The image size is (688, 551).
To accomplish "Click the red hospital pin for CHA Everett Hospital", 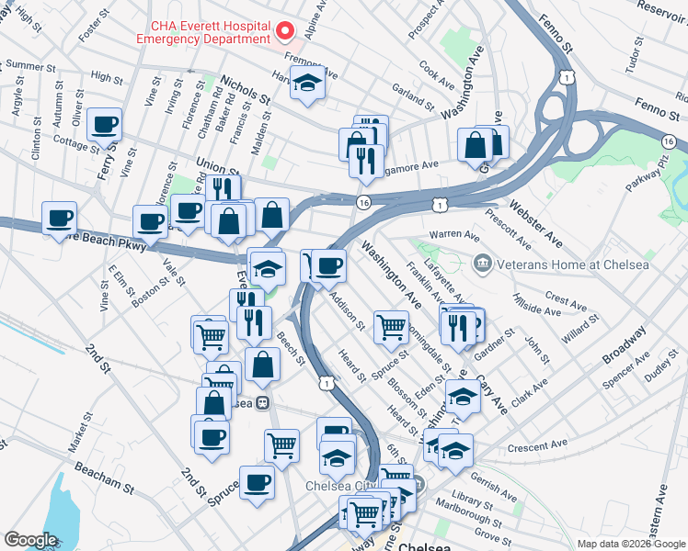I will click(x=285, y=31).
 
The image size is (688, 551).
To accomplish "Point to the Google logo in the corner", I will click(x=30, y=540).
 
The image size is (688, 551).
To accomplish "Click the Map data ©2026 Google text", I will click(x=631, y=544).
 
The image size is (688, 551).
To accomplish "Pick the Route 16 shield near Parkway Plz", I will click(x=669, y=141).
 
